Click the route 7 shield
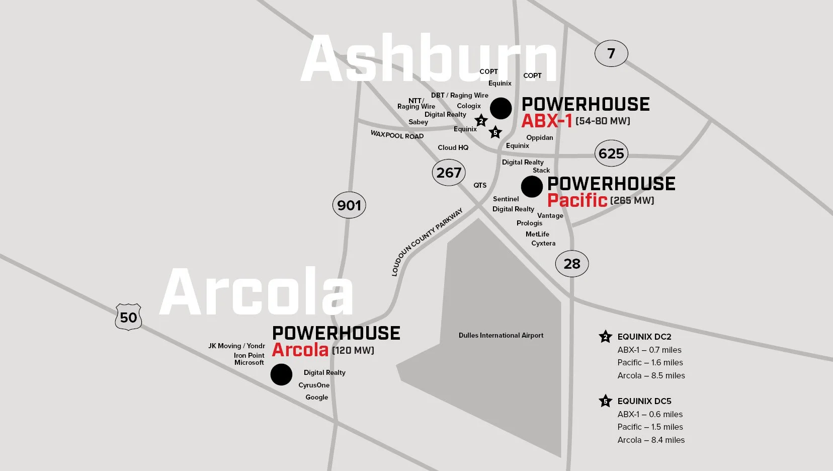pyautogui.click(x=611, y=53)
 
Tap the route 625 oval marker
pyautogui.click(x=611, y=153)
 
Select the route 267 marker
pyautogui.click(x=449, y=173)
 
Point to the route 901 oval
pyautogui.click(x=349, y=205)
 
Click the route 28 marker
pyautogui.click(x=572, y=264)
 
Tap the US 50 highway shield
pyautogui.click(x=128, y=317)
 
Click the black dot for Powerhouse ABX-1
pyautogui.click(x=501, y=108)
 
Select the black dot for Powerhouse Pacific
pyautogui.click(x=532, y=187)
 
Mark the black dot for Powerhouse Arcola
pyautogui.click(x=281, y=374)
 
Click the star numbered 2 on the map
pyautogui.click(x=481, y=121)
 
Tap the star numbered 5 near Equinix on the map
pyautogui.click(x=495, y=132)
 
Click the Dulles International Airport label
pyautogui.click(x=501, y=335)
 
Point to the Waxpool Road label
pyautogui.click(x=397, y=135)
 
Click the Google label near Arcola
pyautogui.click(x=316, y=397)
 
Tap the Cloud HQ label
pyautogui.click(x=453, y=147)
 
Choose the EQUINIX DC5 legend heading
pyautogui.click(x=644, y=401)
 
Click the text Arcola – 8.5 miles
pyautogui.click(x=651, y=375)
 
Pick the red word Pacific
pyautogui.click(x=577, y=200)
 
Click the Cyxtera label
pyautogui.click(x=543, y=243)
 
